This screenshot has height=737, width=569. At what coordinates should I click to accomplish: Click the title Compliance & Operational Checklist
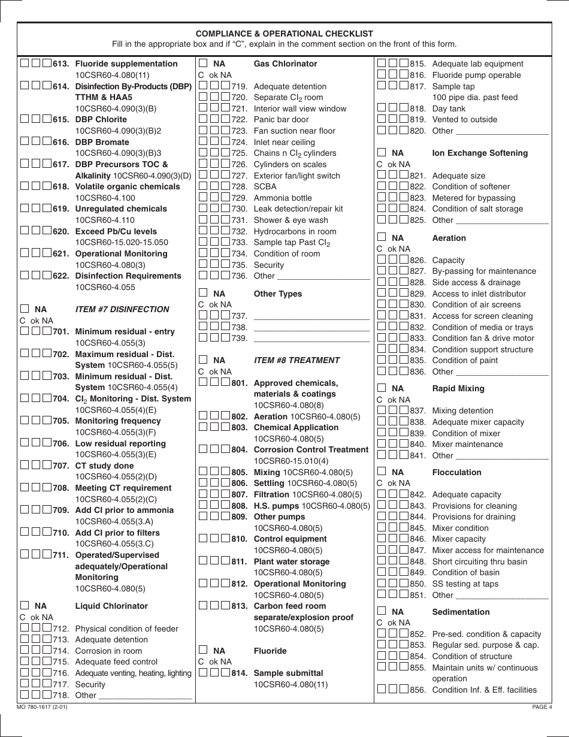[x=284, y=34]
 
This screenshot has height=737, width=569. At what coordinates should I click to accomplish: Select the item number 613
[x=61, y=64]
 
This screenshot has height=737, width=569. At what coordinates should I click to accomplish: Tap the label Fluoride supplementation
[x=126, y=64]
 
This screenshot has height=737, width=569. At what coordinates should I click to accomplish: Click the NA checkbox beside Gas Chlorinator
[x=203, y=64]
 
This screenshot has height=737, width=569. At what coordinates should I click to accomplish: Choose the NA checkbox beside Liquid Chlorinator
[x=25, y=606]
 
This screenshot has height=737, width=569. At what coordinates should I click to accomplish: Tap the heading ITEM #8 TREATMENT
[x=296, y=361]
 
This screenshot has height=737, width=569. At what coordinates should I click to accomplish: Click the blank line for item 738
[x=311, y=328]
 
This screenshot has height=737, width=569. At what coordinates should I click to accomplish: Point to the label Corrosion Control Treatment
[x=311, y=450]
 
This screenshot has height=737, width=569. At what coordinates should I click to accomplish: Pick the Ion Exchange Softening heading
[x=480, y=153]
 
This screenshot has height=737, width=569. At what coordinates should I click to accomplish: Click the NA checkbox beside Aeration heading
[x=382, y=238]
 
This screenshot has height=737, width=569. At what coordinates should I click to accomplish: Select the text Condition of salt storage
[x=477, y=209]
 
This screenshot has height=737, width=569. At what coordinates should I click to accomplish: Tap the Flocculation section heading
[x=456, y=473]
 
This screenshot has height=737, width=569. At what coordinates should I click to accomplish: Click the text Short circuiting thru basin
[x=479, y=561]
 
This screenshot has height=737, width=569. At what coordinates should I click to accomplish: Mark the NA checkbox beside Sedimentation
[x=382, y=612]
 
